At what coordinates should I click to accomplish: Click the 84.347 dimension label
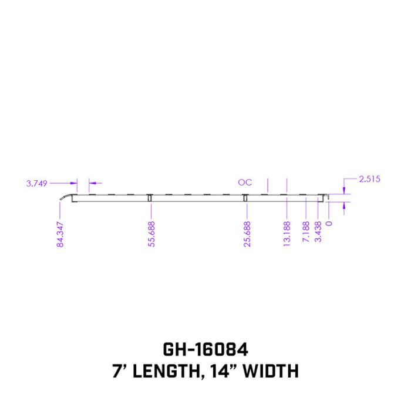coord(60,234)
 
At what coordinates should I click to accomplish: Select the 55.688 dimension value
coord(151,234)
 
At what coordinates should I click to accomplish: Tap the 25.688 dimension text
coord(247,234)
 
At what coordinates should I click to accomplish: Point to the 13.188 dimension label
coord(287,234)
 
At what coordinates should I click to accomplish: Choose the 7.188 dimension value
coord(306,231)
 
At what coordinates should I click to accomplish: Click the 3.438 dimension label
coord(318,231)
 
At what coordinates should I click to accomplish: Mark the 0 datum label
coord(329,223)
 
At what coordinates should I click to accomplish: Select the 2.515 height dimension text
coord(369,179)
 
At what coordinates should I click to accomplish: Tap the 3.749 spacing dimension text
coord(36,183)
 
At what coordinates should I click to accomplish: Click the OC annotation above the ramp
coord(245,182)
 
